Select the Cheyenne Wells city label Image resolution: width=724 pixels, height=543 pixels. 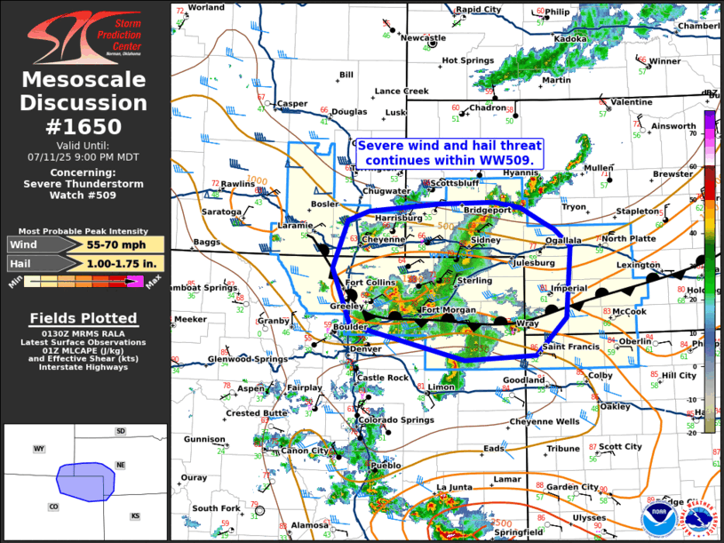(544, 422)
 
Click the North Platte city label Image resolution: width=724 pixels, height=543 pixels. (628, 239)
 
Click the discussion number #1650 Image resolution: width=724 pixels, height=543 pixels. (84, 126)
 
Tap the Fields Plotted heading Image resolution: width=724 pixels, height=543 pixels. (84, 318)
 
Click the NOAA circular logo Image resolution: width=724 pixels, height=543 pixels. (656, 519)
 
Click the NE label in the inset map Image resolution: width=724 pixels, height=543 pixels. (121, 465)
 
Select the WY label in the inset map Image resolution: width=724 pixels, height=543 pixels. (39, 449)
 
